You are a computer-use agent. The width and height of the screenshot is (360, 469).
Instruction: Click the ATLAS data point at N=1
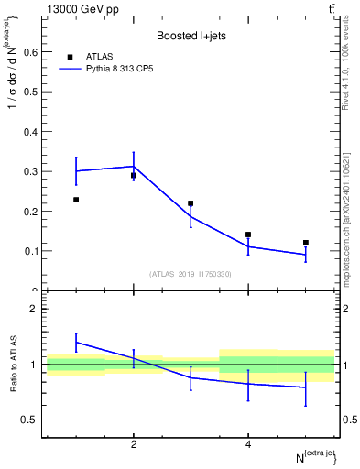click(x=76, y=200)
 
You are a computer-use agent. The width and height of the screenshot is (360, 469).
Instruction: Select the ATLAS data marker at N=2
click(x=134, y=175)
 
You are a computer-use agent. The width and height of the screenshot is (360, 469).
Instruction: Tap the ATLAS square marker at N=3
click(x=191, y=203)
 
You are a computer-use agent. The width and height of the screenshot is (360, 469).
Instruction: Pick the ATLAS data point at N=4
click(x=248, y=234)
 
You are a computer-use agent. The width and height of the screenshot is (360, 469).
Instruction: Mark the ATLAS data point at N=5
click(x=306, y=243)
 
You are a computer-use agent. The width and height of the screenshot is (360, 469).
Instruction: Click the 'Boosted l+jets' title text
click(x=191, y=37)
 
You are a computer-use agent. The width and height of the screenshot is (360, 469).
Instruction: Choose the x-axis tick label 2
click(x=134, y=445)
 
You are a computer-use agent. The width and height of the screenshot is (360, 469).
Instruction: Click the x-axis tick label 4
click(x=248, y=445)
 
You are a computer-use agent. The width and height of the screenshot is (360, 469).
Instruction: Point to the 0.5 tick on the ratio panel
click(x=29, y=420)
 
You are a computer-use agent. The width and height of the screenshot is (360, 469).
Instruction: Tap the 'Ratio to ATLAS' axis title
click(x=12, y=365)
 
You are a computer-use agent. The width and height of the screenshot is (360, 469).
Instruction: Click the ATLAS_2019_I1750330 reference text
click(x=191, y=274)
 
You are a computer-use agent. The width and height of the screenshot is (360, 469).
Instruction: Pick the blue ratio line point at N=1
click(x=76, y=342)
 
